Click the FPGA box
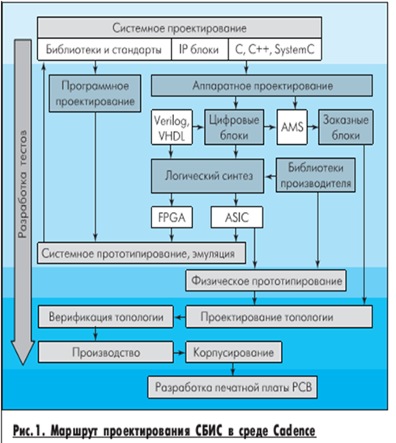click(172, 217)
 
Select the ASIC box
click(236, 217)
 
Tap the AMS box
click(292, 127)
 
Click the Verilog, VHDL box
click(172, 127)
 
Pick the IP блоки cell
click(199, 49)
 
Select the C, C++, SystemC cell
click(275, 49)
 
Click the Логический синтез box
click(207, 176)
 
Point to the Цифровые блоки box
click(234, 127)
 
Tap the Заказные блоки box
click(346, 127)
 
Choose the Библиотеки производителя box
click(316, 175)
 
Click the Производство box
click(105, 352)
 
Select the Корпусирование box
click(233, 352)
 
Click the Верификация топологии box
click(105, 317)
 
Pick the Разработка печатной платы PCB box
click(232, 387)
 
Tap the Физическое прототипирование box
click(266, 280)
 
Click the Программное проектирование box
click(95, 93)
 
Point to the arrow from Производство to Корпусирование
click(179, 352)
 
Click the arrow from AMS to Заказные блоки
click(313, 127)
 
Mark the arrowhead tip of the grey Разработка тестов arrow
click(23, 364)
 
